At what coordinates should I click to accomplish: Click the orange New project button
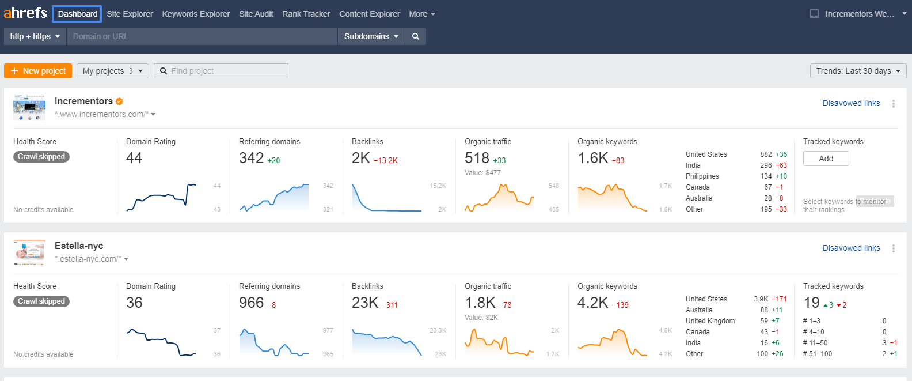pyautogui.click(x=38, y=71)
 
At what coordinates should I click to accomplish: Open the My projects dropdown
pyautogui.click(x=113, y=71)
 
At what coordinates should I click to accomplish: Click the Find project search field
pyautogui.click(x=222, y=71)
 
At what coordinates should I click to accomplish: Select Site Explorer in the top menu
pyautogui.click(x=130, y=14)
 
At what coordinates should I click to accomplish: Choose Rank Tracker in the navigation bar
pyautogui.click(x=306, y=14)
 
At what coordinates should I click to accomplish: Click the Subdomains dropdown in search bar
pyautogui.click(x=371, y=36)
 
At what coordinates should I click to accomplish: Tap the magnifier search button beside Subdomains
pyautogui.click(x=416, y=36)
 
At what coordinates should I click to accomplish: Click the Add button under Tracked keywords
pyautogui.click(x=826, y=159)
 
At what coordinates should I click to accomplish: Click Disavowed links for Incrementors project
pyautogui.click(x=851, y=103)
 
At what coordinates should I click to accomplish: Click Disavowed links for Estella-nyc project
pyautogui.click(x=851, y=248)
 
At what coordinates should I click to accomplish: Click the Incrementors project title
pyautogui.click(x=83, y=101)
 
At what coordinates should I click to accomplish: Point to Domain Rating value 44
pyautogui.click(x=134, y=158)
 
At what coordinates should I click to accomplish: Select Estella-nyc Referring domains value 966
pyautogui.click(x=251, y=303)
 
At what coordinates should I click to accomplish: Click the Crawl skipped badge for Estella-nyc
pyautogui.click(x=41, y=301)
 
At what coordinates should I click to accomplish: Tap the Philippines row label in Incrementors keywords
pyautogui.click(x=702, y=176)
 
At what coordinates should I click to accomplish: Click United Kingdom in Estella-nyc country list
pyautogui.click(x=710, y=321)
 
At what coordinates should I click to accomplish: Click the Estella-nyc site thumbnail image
pyautogui.click(x=29, y=252)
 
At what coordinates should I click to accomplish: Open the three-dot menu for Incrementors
pyautogui.click(x=894, y=104)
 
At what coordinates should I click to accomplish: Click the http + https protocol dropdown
pyautogui.click(x=35, y=36)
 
